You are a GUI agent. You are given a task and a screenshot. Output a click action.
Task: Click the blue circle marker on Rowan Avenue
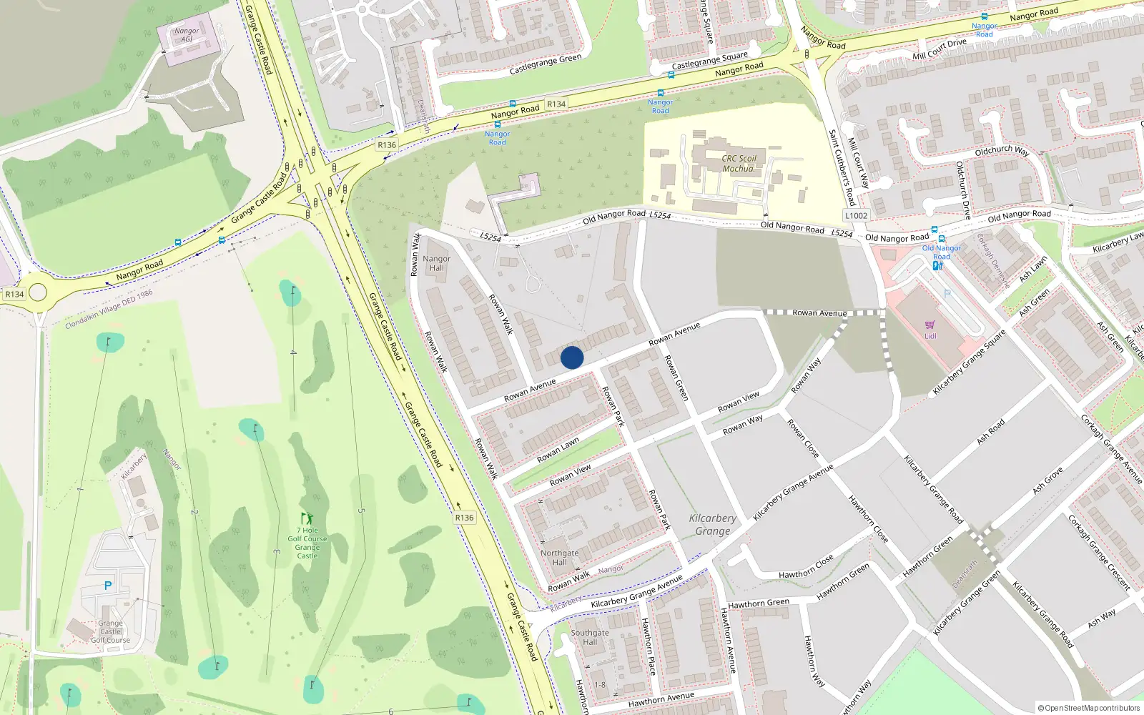[x=572, y=357]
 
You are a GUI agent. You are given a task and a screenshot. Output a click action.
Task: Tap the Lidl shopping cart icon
[x=930, y=325]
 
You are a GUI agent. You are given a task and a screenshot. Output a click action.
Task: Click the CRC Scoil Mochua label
[x=739, y=164]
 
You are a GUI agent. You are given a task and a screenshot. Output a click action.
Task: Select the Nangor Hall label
[x=437, y=263]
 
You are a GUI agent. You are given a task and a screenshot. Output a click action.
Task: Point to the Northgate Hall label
[x=559, y=558]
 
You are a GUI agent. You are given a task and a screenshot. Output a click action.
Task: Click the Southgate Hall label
[x=590, y=637]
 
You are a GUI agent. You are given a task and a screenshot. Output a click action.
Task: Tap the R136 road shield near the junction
[x=387, y=145]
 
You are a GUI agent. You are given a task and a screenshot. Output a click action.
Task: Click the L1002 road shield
[x=856, y=215]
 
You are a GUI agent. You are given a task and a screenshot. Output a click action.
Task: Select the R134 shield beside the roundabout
[x=14, y=294]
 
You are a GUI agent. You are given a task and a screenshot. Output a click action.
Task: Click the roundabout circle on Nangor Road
[x=38, y=292]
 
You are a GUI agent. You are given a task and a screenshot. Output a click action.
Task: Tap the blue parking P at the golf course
[x=108, y=586]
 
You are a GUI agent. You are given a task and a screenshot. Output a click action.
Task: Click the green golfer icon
[x=307, y=518]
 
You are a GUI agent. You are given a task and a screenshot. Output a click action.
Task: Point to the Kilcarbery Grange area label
[x=713, y=524]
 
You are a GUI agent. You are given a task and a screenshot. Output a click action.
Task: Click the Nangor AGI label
[x=187, y=35]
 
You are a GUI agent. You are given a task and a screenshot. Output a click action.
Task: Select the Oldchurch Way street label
[x=1002, y=151]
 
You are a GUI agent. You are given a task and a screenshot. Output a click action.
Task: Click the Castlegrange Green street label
[x=546, y=65]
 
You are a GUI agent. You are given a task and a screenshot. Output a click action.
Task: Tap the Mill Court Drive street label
[x=940, y=49]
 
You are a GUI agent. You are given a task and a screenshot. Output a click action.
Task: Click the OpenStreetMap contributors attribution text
[x=1089, y=708]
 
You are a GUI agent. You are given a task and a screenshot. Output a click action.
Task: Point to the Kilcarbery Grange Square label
[x=969, y=363]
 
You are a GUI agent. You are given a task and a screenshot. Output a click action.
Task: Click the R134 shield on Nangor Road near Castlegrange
[x=556, y=104]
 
